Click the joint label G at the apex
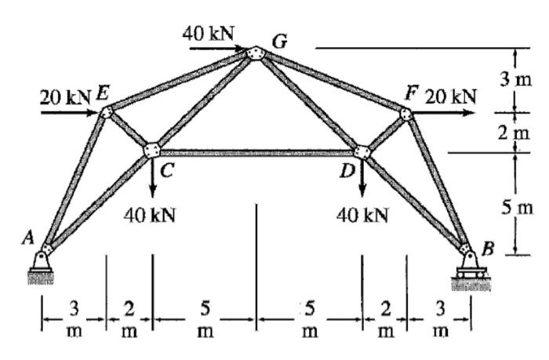pyautogui.click(x=278, y=41)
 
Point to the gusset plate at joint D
pyautogui.click(x=362, y=151)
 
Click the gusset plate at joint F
pyautogui.click(x=405, y=115)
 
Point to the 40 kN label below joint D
pyautogui.click(x=362, y=214)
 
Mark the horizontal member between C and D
pyautogui.click(x=257, y=153)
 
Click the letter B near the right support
pyautogui.click(x=489, y=250)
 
